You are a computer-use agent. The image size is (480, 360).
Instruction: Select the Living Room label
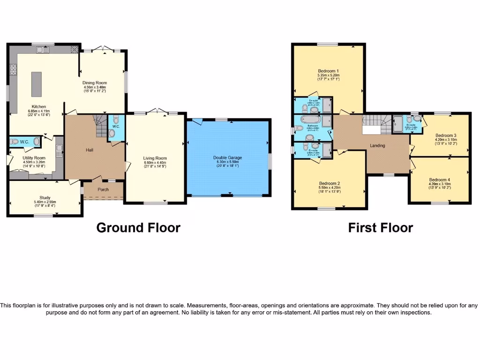[x=155, y=158]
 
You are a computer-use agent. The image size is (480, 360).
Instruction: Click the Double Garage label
[x=228, y=158]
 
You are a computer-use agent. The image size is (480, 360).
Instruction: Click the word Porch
[x=103, y=190]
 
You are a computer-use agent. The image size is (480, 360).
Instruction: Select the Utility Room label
[x=34, y=158]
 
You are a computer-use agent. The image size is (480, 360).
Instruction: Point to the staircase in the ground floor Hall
[x=100, y=125]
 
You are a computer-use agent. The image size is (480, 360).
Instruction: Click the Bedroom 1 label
[x=328, y=71]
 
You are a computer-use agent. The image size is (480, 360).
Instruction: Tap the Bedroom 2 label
[x=329, y=183]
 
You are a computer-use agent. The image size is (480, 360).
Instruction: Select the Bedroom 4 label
[x=439, y=179]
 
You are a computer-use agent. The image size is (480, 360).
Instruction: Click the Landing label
[x=377, y=145]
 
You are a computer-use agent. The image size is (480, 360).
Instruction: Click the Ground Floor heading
[x=138, y=228]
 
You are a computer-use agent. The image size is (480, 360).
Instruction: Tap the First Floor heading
[x=380, y=228]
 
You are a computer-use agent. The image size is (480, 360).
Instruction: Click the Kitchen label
[x=38, y=106]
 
